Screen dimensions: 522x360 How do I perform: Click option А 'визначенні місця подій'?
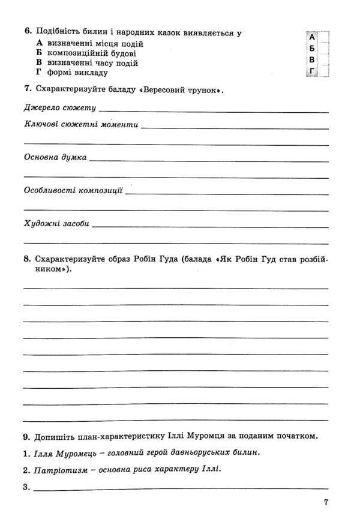click(x=90, y=44)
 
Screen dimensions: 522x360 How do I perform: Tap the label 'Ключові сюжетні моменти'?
click(x=81, y=125)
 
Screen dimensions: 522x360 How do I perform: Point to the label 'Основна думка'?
click(x=55, y=158)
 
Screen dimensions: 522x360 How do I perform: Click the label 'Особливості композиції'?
click(x=73, y=191)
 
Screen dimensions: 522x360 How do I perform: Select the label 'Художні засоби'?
click(x=56, y=223)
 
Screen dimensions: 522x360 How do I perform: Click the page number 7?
click(x=325, y=503)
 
